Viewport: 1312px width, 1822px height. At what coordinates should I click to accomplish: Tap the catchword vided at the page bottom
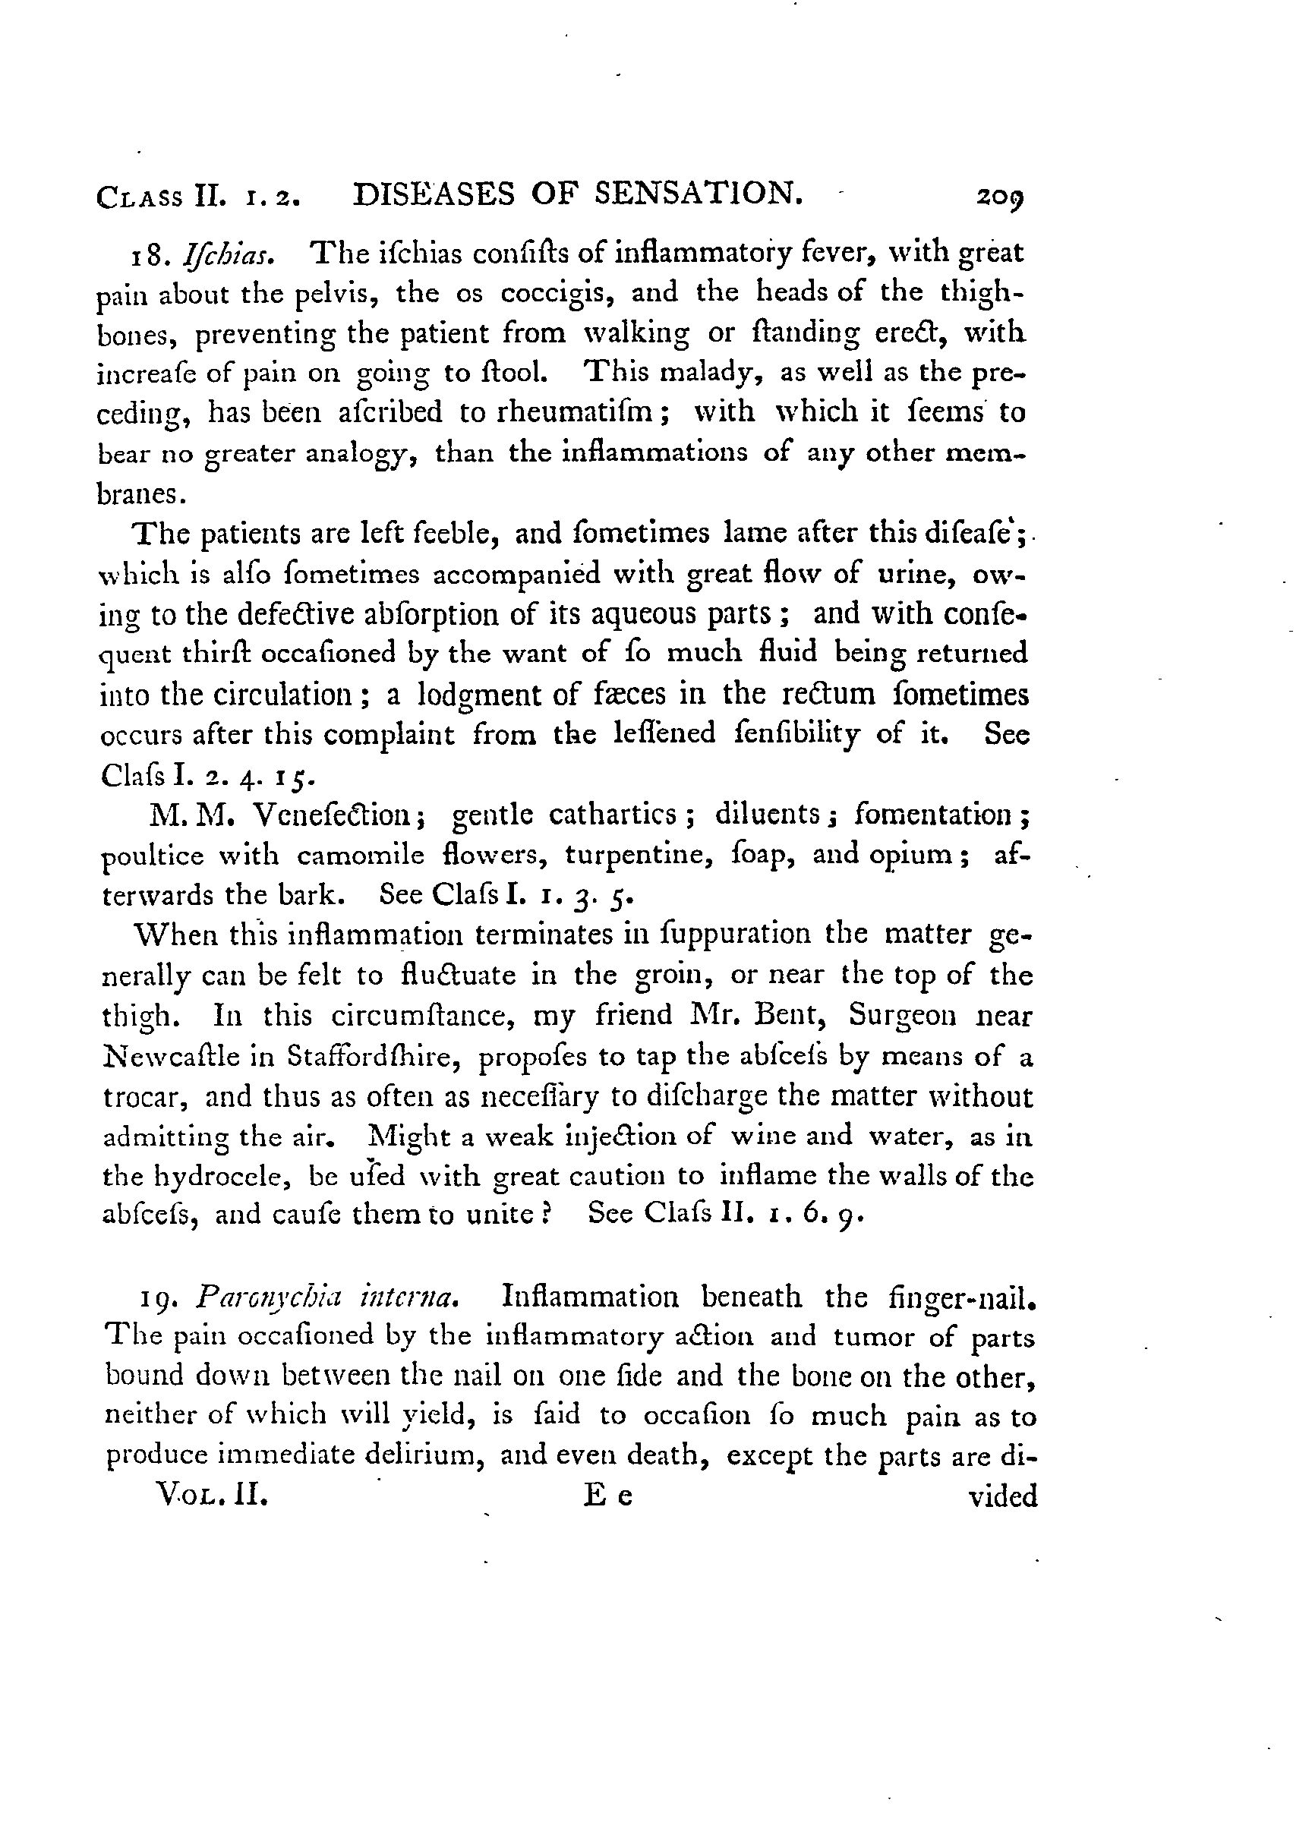[x=1004, y=1496]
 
